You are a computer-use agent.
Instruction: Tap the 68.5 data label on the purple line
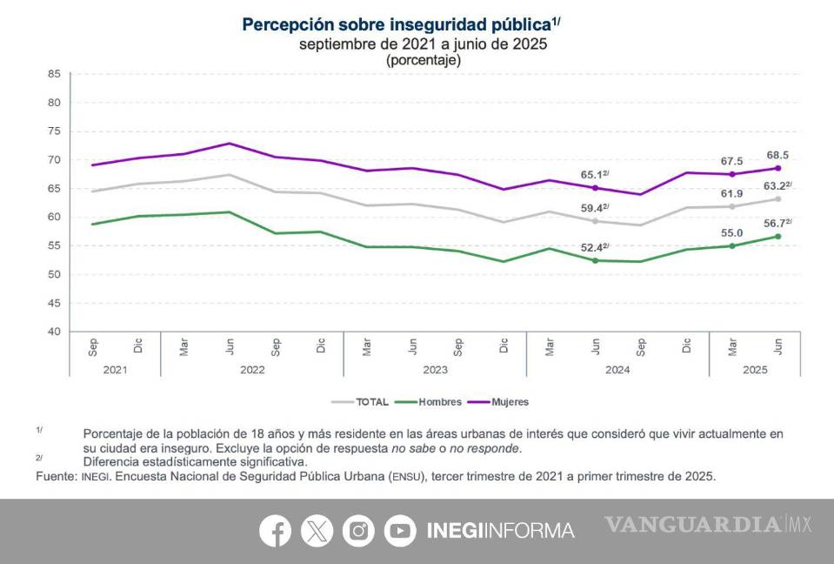[x=777, y=155]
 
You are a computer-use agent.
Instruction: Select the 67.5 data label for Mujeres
[x=731, y=161]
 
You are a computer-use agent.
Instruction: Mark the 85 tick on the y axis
[x=53, y=74]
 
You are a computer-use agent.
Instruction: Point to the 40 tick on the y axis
[x=53, y=332]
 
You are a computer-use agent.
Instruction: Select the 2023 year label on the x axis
[x=435, y=369]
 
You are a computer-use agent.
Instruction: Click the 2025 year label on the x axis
[x=755, y=369]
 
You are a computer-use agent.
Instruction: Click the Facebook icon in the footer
[x=275, y=530]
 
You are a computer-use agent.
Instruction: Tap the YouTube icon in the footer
[x=400, y=530]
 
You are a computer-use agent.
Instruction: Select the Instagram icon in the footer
[x=358, y=530]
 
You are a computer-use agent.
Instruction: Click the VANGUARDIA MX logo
[x=708, y=525]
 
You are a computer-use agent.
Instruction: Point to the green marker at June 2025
[x=777, y=236]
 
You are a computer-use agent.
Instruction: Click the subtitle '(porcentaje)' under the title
[x=423, y=60]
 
